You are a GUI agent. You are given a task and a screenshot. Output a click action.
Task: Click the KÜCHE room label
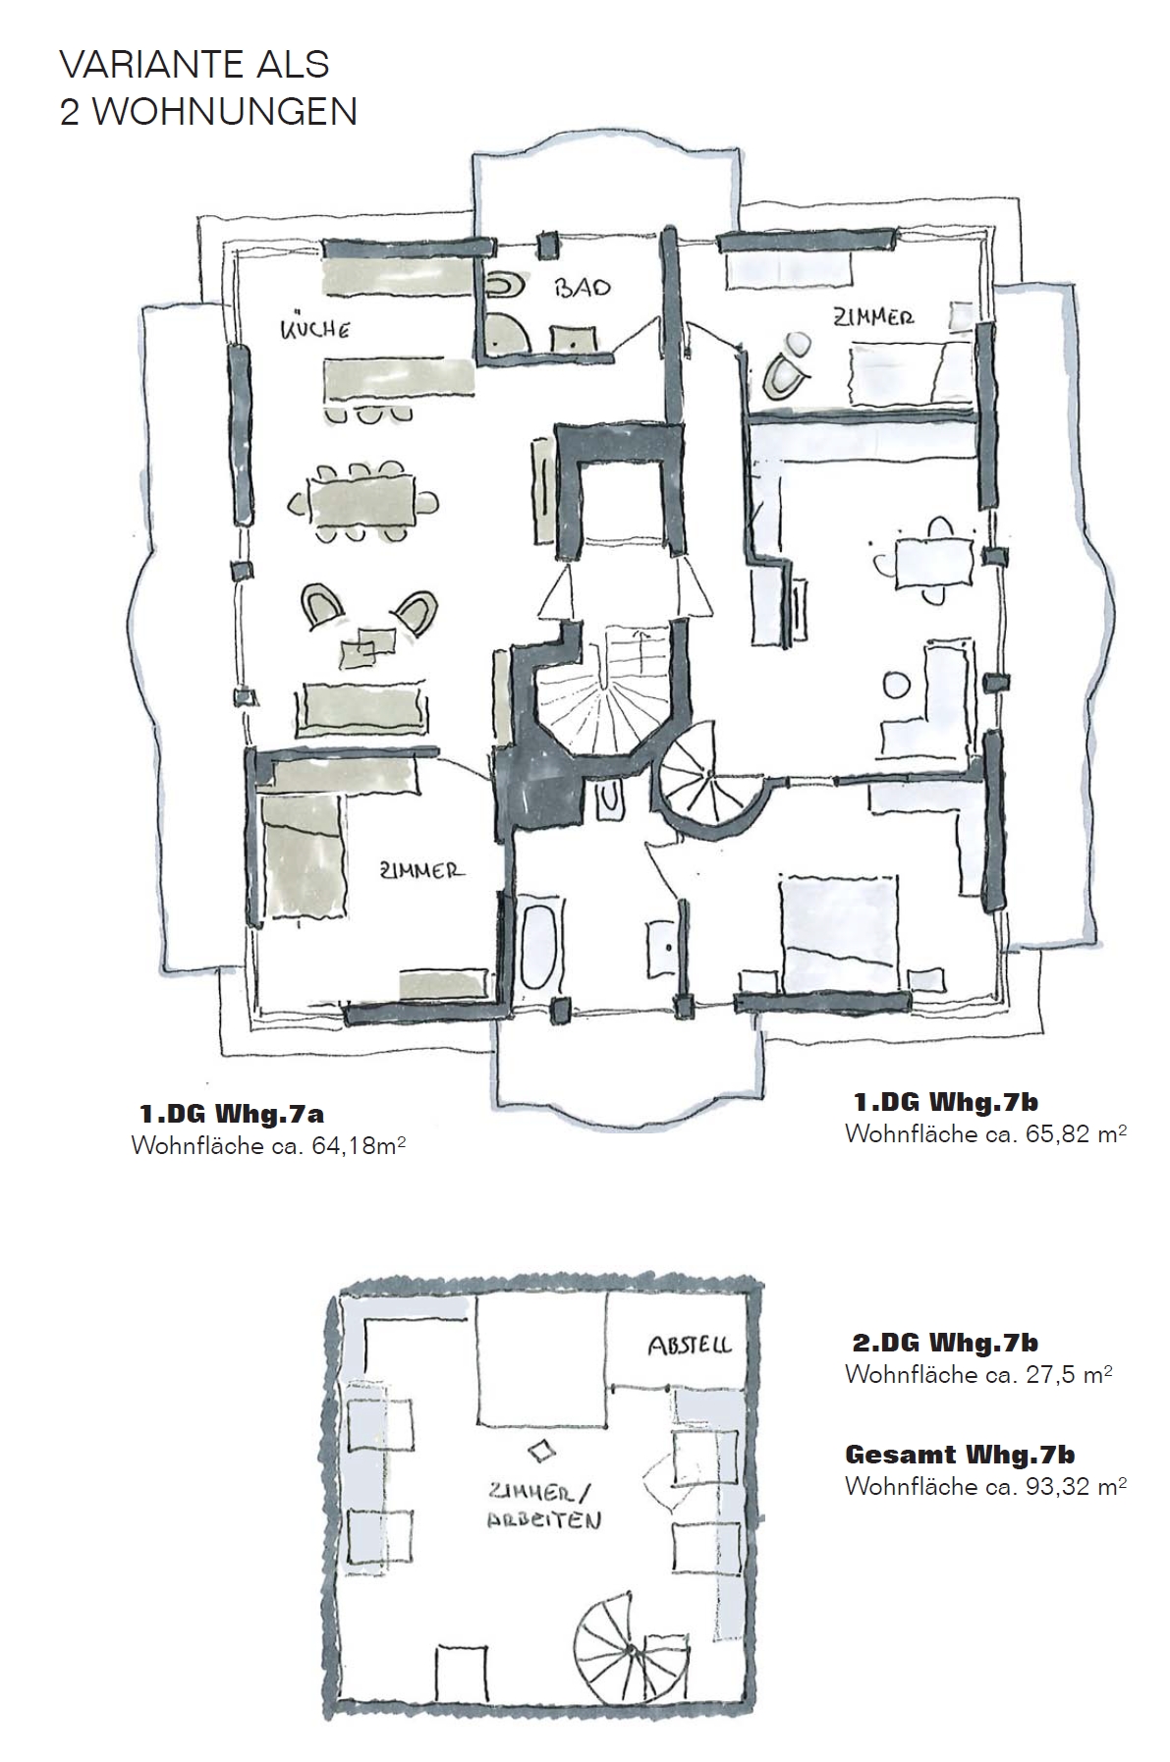[x=315, y=329]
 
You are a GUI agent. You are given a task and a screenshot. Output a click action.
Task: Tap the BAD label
[x=582, y=287]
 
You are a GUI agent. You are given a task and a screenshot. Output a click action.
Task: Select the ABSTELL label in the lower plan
[x=690, y=1346]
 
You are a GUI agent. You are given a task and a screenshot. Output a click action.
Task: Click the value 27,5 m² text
[x=1068, y=1375]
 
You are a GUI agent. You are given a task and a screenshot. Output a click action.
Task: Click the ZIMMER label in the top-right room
[x=873, y=317]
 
